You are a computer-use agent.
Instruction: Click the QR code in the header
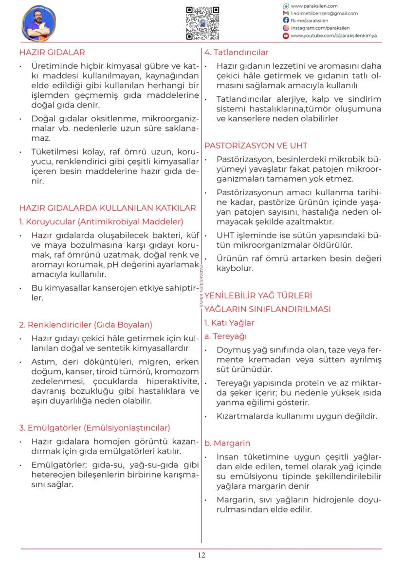click(x=202, y=23)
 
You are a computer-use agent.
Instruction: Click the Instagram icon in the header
click(x=286, y=28)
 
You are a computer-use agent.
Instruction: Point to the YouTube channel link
click(x=333, y=36)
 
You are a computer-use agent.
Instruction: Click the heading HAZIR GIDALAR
click(x=52, y=52)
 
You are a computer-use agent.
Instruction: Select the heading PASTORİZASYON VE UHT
click(x=256, y=146)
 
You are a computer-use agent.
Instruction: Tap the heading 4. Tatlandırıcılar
click(x=237, y=52)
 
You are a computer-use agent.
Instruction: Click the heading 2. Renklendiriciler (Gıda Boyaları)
click(x=86, y=325)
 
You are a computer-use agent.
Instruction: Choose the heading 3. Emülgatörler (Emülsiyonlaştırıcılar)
click(x=94, y=428)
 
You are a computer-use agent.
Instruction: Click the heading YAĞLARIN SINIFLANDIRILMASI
click(x=267, y=309)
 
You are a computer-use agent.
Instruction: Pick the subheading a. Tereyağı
click(x=225, y=336)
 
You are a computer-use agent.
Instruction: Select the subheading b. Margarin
click(x=227, y=443)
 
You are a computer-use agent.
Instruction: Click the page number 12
click(x=201, y=555)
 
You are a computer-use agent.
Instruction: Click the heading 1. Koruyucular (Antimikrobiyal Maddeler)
click(x=101, y=222)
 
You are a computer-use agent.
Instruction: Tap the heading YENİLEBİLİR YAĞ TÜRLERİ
click(x=258, y=295)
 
